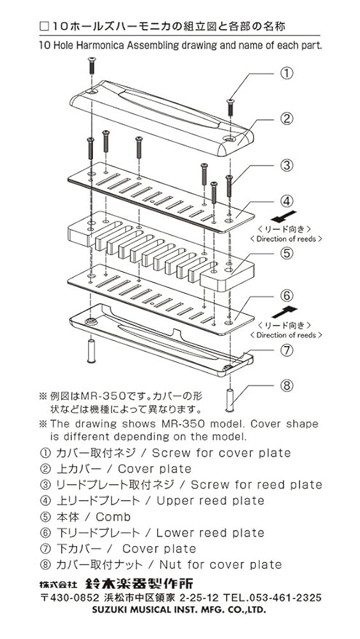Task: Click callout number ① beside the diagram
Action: click(x=287, y=73)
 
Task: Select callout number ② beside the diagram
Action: click(x=287, y=118)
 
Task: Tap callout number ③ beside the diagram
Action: click(x=287, y=166)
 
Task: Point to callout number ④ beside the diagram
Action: click(x=287, y=201)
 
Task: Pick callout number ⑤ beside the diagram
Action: click(x=287, y=253)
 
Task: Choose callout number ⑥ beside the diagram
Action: click(x=287, y=295)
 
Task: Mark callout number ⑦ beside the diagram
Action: click(x=287, y=350)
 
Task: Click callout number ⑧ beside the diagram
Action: click(x=287, y=385)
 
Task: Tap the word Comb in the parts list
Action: click(x=113, y=517)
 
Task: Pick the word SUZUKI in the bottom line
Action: click(x=107, y=610)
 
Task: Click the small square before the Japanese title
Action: click(x=44, y=28)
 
